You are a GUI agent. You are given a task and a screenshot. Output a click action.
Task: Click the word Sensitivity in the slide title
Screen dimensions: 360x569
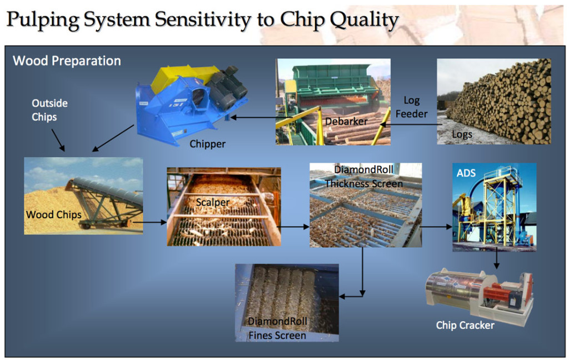click(202, 19)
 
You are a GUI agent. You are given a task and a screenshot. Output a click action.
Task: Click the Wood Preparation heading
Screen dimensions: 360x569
click(67, 61)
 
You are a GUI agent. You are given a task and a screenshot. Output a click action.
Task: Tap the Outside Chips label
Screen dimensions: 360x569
click(49, 110)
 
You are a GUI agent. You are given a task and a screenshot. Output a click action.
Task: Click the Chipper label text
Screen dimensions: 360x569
click(207, 144)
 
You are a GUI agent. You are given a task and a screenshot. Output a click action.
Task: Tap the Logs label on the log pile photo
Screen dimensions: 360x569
click(462, 134)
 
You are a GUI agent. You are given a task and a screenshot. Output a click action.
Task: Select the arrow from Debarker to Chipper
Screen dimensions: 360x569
click(253, 117)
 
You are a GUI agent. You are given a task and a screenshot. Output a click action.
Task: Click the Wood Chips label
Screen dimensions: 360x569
click(53, 214)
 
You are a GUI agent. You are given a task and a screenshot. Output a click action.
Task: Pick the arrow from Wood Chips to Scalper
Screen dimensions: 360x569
click(150, 222)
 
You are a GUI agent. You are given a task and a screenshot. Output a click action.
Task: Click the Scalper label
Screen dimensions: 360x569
click(212, 203)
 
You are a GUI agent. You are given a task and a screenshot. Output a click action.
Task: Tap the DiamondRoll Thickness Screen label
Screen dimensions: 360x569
click(363, 177)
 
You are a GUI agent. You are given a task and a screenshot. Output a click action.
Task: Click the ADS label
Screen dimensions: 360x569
click(466, 173)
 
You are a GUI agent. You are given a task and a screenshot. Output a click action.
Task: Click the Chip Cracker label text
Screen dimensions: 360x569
click(465, 325)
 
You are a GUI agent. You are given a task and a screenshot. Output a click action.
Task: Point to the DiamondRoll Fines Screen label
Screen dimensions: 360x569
click(277, 328)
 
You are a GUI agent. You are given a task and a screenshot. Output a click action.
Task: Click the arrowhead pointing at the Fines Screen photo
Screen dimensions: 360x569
click(343, 296)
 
